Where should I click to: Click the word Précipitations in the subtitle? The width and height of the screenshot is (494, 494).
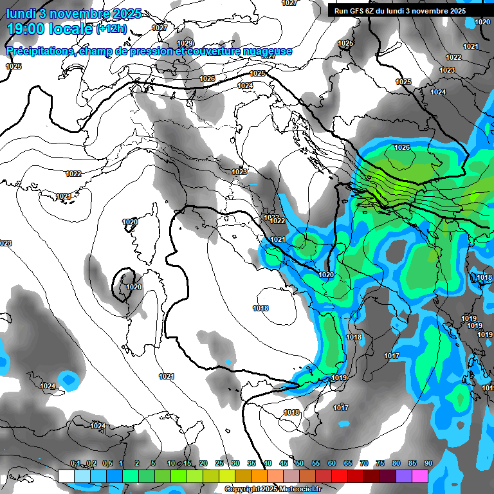(x=40, y=51)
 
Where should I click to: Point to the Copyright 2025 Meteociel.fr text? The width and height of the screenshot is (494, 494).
(x=272, y=489)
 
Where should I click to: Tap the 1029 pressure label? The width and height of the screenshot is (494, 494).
(x=185, y=43)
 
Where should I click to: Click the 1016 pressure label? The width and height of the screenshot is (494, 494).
(x=291, y=412)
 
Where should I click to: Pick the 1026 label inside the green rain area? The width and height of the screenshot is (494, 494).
(x=402, y=148)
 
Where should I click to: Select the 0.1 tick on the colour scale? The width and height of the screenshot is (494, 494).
(x=75, y=464)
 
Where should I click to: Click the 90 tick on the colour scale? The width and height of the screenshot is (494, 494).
(x=428, y=464)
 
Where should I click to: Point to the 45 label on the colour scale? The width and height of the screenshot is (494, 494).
(x=284, y=464)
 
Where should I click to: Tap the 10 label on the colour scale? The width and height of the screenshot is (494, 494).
(x=171, y=464)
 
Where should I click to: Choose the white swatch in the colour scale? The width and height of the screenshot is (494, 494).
(x=66, y=476)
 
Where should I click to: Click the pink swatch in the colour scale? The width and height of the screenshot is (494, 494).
(x=420, y=476)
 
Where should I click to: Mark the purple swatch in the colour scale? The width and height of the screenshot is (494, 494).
(x=404, y=476)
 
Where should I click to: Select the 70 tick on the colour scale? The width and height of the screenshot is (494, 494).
(x=364, y=464)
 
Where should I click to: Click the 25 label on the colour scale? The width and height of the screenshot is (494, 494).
(x=219, y=464)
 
